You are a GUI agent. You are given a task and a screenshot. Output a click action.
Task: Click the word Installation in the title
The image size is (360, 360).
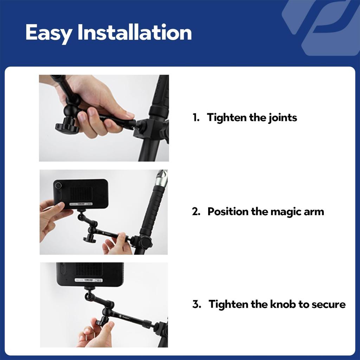pyautogui.click(x=135, y=33)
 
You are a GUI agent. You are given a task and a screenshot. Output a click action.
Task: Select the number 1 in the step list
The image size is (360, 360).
pyautogui.click(x=195, y=117)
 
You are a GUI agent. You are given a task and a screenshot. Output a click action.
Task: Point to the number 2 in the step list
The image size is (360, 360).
pyautogui.click(x=196, y=212)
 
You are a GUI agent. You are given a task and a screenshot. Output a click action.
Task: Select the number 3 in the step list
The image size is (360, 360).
pyautogui.click(x=196, y=304)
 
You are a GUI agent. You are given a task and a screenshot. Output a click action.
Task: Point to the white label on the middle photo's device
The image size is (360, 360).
pyautogui.click(x=81, y=204)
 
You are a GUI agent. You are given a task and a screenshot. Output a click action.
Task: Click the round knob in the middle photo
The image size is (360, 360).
pyautogui.click(x=90, y=239)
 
